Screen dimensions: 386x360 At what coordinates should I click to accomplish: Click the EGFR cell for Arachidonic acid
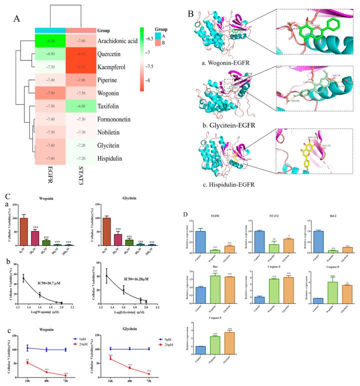click(50, 41)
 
